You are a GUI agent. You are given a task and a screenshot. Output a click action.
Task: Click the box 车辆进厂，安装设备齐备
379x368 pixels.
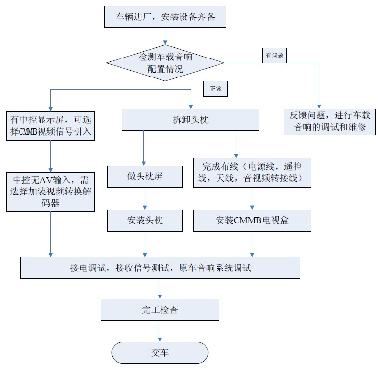[x=165, y=18]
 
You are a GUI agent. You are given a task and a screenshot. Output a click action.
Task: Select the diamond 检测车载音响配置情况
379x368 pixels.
[x=165, y=63]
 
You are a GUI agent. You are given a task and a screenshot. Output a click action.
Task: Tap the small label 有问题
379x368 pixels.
[x=274, y=56]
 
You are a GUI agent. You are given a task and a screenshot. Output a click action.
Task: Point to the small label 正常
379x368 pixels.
[x=216, y=89]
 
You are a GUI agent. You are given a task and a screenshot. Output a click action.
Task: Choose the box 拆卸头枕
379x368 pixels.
[x=190, y=119]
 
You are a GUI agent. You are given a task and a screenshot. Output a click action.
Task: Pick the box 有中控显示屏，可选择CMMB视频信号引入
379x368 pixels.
[x=51, y=125]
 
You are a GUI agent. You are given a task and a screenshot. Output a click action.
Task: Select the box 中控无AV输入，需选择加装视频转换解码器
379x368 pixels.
[x=51, y=191]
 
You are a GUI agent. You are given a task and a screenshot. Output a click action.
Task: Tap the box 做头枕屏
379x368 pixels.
[x=145, y=176]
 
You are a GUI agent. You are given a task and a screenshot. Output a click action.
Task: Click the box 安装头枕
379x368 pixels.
[x=145, y=220]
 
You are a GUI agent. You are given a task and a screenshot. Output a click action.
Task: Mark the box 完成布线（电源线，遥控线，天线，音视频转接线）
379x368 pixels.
[x=252, y=172]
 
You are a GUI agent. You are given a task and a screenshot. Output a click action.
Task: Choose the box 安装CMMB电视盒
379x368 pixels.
[x=252, y=220]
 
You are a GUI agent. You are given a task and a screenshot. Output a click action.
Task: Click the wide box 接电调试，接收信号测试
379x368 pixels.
[x=160, y=268]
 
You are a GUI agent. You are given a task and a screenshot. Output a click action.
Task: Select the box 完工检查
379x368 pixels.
[x=160, y=310]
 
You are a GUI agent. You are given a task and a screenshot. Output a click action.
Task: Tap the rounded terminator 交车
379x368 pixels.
[x=160, y=352]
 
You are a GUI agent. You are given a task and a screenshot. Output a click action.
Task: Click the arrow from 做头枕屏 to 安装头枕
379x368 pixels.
[x=145, y=199]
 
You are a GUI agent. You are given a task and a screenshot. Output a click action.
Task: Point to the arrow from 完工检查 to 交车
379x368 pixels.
[x=160, y=331]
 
